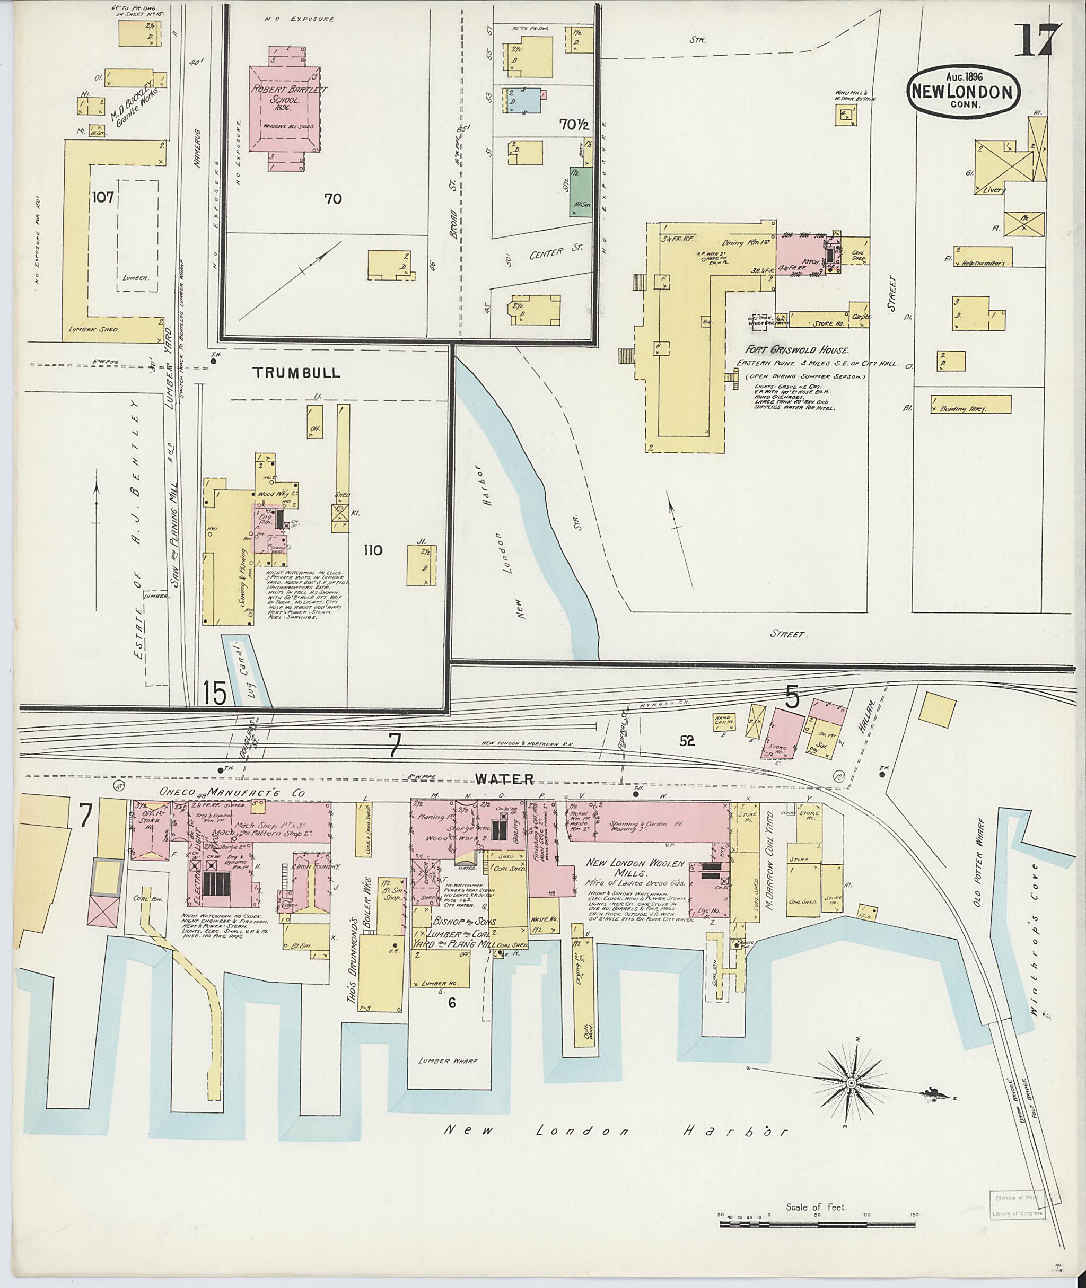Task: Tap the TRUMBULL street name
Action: click(297, 373)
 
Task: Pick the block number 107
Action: click(103, 198)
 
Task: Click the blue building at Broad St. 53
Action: click(524, 100)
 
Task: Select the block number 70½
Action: click(574, 125)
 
